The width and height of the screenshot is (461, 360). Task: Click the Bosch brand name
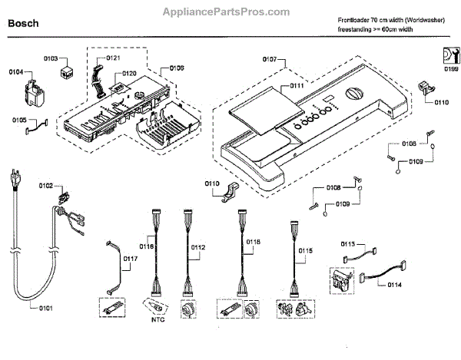coord(23,23)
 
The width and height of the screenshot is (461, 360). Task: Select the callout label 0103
coord(51,58)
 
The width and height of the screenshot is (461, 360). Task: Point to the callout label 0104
coord(16,73)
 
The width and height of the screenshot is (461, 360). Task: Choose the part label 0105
coord(19,120)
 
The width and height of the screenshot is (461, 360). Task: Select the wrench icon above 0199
coord(449,55)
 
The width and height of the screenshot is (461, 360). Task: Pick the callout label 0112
coord(198,248)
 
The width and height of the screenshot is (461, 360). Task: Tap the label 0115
coord(306,251)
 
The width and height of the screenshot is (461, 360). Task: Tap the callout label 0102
coord(46,186)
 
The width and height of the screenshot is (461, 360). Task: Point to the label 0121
coord(113,58)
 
